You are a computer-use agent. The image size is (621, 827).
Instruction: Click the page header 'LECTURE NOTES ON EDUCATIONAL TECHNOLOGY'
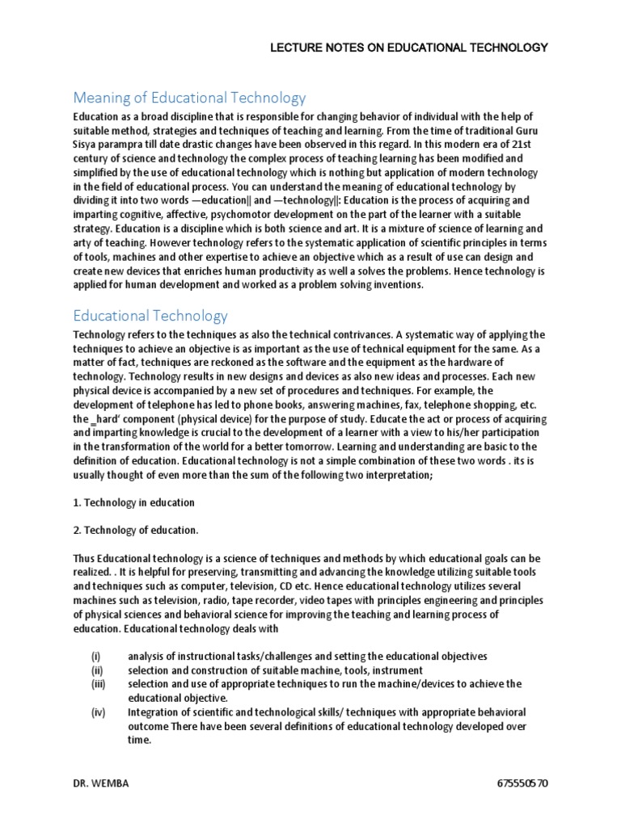point(408,48)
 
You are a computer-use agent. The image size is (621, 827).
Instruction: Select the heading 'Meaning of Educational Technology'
point(190,99)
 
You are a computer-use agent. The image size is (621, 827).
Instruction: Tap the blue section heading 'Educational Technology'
point(150,316)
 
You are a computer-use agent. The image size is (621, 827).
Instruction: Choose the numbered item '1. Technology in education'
point(133,502)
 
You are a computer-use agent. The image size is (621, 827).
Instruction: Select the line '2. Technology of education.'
point(136,531)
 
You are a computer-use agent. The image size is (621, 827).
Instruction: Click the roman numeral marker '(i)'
point(95,657)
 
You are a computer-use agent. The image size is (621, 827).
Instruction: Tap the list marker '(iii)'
point(98,684)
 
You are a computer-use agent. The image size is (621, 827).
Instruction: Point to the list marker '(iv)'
point(97,712)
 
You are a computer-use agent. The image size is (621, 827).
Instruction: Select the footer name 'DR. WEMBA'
point(100,784)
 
